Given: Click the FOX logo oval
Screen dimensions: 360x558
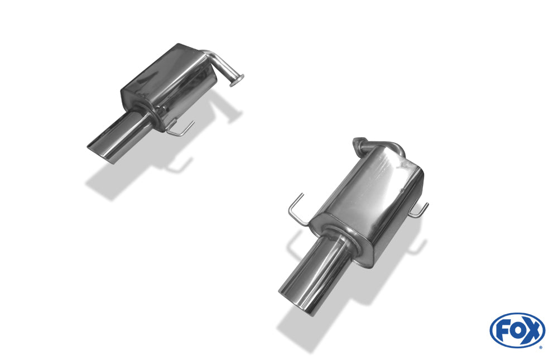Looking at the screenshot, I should coord(517,330).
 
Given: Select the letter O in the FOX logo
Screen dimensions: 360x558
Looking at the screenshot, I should coord(517,330).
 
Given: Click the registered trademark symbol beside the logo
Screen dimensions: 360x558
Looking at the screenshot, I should coord(540,347).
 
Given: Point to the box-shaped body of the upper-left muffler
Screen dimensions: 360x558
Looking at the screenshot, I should coord(167,78).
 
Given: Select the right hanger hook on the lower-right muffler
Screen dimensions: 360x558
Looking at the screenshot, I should coord(420,211).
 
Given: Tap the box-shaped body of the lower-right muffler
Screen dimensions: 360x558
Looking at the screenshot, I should coord(368,195).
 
